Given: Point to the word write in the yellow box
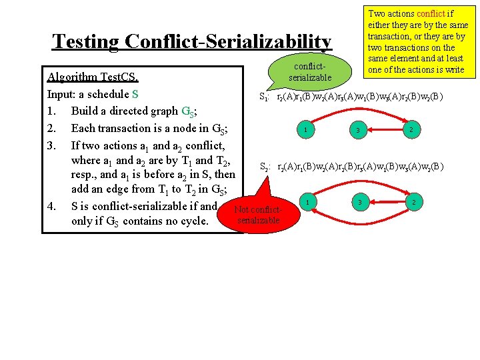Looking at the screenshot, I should point(451,70).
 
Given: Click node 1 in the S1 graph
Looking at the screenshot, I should point(305,129).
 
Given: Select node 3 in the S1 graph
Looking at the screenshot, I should point(358,130).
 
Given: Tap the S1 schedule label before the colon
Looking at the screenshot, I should point(264,97).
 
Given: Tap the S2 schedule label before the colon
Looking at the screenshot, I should point(264,167).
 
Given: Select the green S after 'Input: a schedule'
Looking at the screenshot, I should point(135,94).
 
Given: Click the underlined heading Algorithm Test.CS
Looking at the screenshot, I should point(91,77).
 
